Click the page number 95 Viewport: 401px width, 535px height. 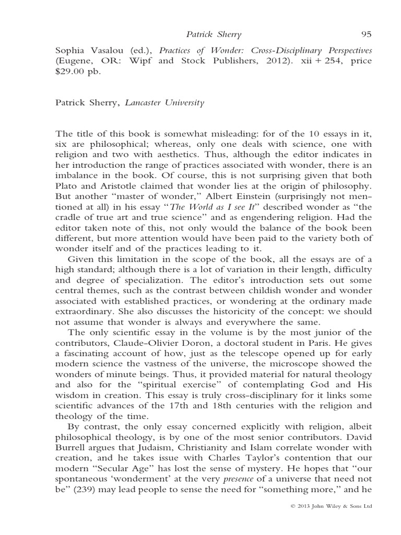click(366, 34)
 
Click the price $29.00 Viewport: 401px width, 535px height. click(69, 72)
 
